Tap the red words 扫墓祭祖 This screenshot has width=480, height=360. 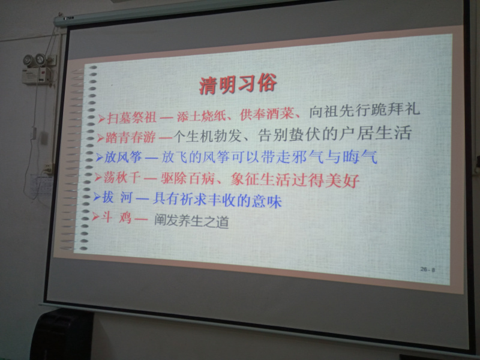(x=131, y=118)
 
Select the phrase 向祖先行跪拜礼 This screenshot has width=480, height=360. (x=364, y=110)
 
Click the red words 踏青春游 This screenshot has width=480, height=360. (x=130, y=138)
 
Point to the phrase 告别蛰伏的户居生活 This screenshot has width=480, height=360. (x=335, y=134)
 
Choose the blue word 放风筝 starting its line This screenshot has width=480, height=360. (x=123, y=158)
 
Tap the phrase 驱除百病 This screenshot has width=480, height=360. (x=187, y=178)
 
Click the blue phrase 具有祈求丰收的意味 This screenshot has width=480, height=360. (x=217, y=200)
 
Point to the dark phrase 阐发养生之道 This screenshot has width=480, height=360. (x=191, y=221)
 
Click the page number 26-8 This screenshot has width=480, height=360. (x=428, y=269)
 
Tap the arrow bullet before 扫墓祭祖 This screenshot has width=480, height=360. (x=101, y=118)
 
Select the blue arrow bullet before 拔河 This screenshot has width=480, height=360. (x=97, y=197)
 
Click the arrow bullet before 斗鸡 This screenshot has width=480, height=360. (x=95, y=217)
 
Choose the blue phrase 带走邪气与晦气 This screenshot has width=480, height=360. (x=319, y=157)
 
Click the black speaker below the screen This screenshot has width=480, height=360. (x=63, y=335)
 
